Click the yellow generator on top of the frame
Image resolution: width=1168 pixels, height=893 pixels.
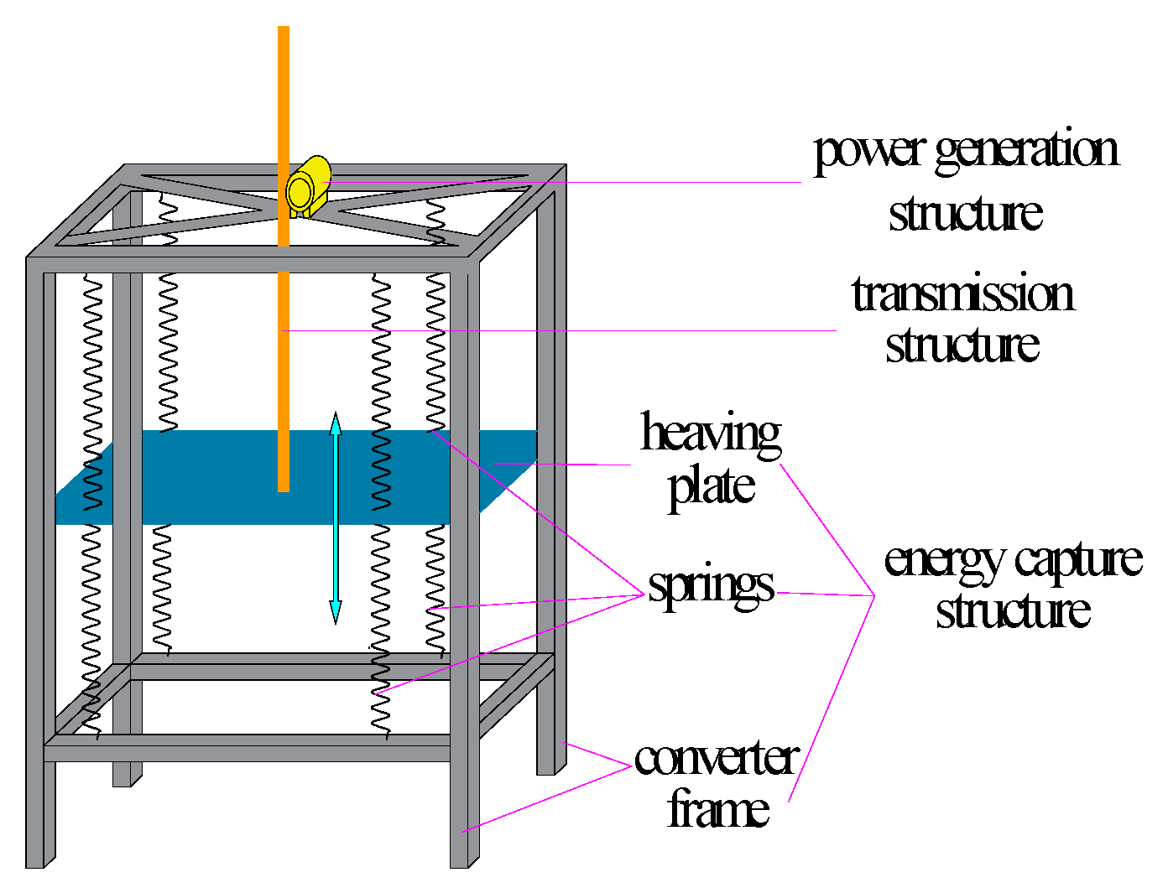(307, 187)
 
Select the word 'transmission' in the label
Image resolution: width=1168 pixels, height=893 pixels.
(962, 295)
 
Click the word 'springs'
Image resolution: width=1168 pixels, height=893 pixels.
(711, 586)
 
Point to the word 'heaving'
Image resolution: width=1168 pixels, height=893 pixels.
(711, 434)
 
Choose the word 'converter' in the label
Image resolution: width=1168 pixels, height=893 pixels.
(716, 758)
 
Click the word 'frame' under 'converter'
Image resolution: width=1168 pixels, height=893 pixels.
(718, 809)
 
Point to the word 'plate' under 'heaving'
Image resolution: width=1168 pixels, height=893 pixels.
(712, 486)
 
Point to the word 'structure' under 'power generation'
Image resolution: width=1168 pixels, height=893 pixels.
(966, 213)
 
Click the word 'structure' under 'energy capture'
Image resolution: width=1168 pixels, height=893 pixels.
(1013, 610)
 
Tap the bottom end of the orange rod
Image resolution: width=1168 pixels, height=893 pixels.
(284, 486)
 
